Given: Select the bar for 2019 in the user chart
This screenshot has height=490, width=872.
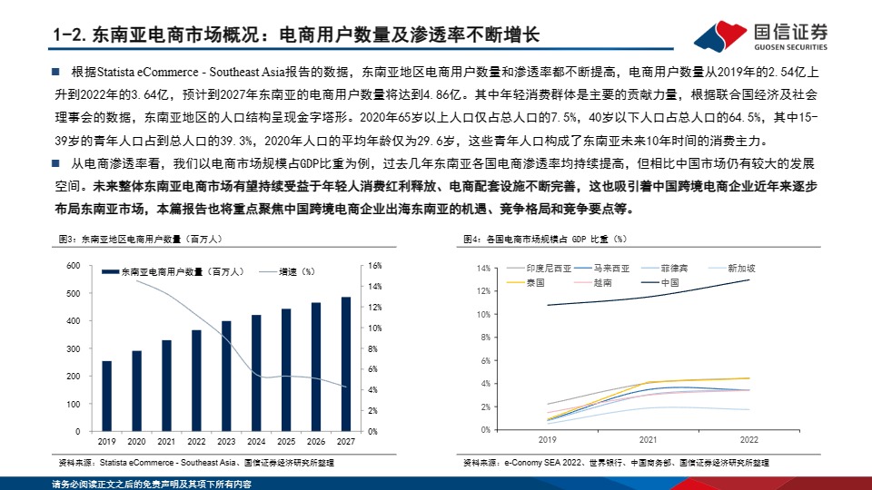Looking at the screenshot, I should (107, 396).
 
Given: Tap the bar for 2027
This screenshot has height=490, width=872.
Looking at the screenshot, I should (346, 364).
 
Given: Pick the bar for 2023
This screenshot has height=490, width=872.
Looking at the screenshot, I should (226, 376).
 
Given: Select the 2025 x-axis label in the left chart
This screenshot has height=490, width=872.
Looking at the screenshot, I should (286, 441).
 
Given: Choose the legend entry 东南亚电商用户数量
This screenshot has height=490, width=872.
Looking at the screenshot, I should (163, 271).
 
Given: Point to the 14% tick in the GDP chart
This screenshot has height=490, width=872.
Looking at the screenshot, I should (483, 269).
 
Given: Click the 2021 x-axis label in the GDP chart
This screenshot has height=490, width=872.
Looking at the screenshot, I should (647, 439).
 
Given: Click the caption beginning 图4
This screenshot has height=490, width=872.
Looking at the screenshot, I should (544, 239).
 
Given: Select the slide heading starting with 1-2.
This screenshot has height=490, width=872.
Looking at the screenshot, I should (296, 35).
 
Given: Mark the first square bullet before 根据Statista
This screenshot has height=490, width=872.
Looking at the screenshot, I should (55, 71).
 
